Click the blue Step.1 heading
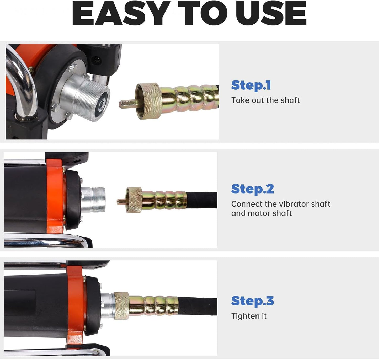click(251, 85)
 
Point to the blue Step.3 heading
click(253, 301)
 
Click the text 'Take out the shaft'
click(266, 100)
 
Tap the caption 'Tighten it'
click(249, 316)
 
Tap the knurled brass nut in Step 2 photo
click(134, 200)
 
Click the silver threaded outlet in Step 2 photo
click(93, 200)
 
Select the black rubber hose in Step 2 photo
click(202, 200)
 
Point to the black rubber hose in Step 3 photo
click(197, 307)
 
